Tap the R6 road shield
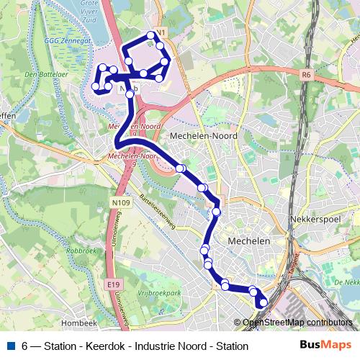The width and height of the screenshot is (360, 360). [x=307, y=73]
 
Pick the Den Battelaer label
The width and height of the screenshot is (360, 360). [x=40, y=74]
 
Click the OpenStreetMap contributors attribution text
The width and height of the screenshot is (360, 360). [x=297, y=323]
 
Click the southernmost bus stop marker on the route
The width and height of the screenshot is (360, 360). [x=262, y=303]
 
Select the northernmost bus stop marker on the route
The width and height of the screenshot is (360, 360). [x=151, y=35]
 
